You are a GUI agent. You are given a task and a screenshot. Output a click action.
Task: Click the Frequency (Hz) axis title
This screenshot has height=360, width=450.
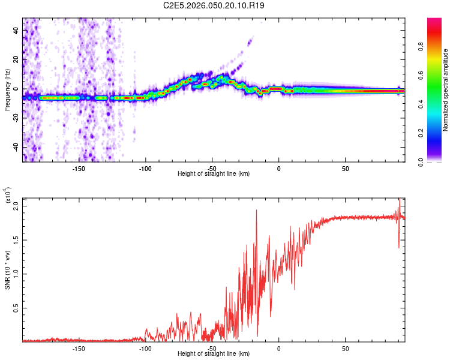pos(7,90)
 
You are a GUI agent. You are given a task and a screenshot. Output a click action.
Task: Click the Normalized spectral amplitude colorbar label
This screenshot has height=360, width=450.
pos(446,90)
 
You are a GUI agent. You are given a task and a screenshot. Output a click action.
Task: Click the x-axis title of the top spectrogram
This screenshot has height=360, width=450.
pos(214,174)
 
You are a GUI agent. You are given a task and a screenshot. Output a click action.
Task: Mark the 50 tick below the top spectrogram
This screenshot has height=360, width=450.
pos(346,169)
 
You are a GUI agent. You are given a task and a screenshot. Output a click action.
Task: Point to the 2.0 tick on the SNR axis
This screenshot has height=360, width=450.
pos(16,206)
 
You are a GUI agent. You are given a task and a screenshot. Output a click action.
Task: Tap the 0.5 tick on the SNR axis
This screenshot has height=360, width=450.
pos(16,308)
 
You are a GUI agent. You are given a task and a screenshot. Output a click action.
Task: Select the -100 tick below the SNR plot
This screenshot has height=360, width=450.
pos(145,349)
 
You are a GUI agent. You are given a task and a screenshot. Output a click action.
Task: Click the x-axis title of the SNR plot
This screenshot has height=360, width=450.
pos(214,354)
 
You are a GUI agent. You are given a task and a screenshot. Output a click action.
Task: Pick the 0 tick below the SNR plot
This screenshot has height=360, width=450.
pos(278,349)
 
